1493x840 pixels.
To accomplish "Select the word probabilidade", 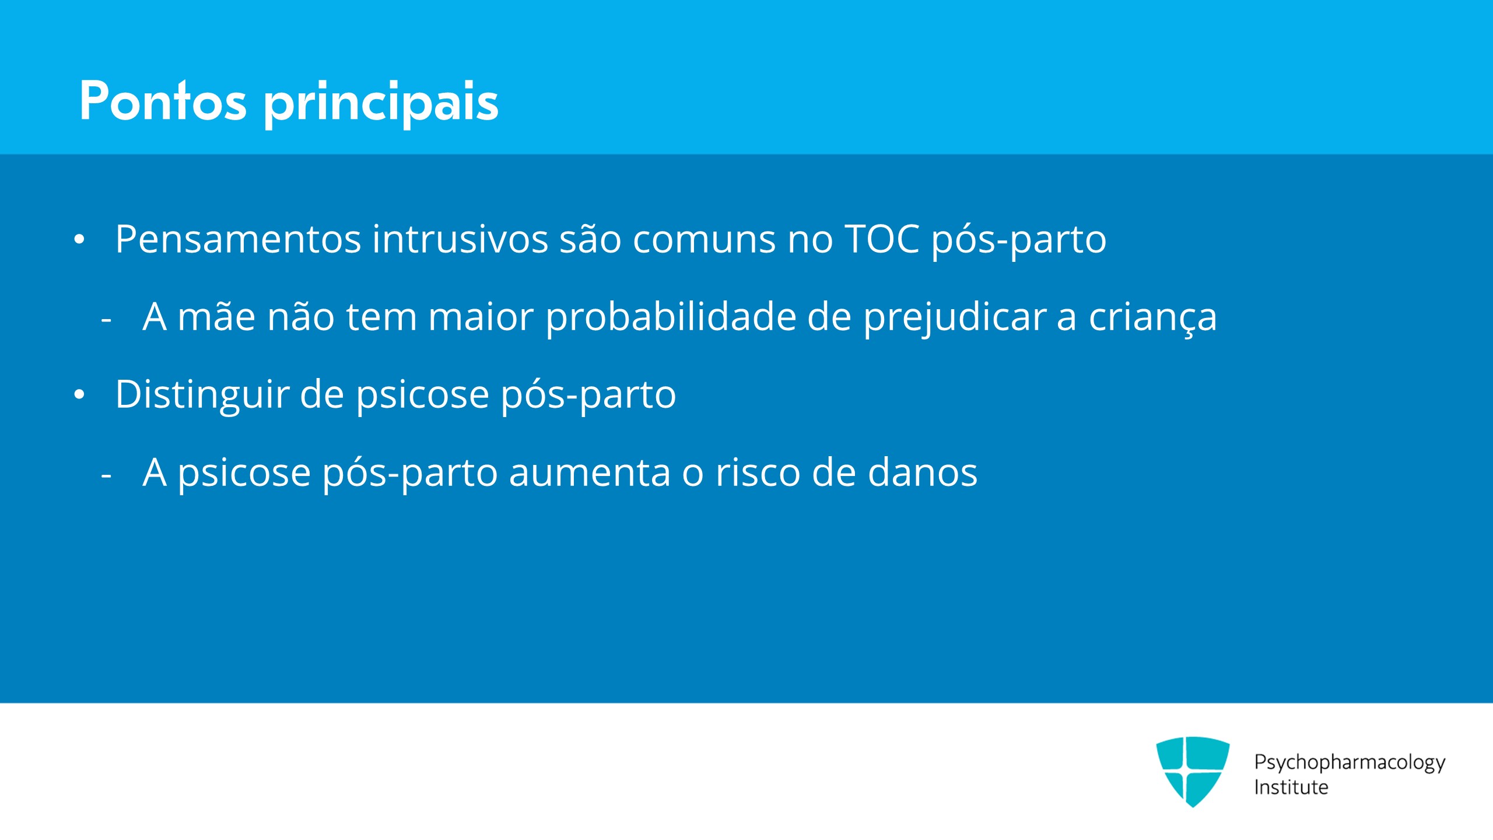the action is [x=671, y=318].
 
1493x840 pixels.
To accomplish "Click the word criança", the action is [x=1153, y=318].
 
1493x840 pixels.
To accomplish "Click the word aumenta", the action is [x=590, y=473].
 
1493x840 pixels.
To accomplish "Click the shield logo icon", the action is [x=1193, y=771].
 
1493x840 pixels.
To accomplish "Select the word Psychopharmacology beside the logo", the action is [x=1350, y=763].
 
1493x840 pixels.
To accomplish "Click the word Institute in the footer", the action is [x=1291, y=787].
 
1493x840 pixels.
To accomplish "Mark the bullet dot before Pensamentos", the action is [x=80, y=240].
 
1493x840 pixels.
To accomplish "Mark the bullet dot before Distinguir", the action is [x=80, y=395].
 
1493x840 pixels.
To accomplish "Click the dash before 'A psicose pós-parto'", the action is [x=106, y=475].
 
